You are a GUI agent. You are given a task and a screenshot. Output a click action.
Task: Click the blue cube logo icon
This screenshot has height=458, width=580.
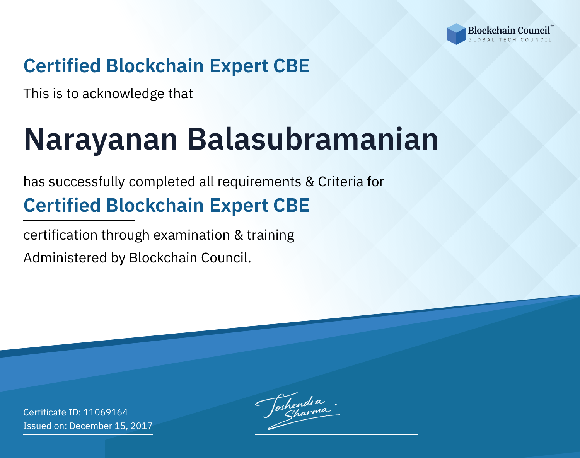tap(456, 34)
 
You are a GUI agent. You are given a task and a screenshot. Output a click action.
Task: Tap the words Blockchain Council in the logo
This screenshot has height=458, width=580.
tap(509, 31)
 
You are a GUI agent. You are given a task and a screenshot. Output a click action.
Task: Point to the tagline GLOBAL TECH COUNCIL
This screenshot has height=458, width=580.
tap(510, 40)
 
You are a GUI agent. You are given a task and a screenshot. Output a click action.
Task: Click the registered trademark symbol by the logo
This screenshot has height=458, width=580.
tap(552, 26)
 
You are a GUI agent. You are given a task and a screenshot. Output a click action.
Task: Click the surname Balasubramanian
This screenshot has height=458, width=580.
tap(313, 139)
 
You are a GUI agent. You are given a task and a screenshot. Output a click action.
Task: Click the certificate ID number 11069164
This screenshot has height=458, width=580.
tap(106, 412)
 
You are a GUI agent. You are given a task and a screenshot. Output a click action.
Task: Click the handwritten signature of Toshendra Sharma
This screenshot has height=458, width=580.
tap(297, 410)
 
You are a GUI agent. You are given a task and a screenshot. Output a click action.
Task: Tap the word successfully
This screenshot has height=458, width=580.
tap(87, 182)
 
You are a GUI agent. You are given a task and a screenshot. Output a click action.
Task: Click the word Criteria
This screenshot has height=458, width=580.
tap(340, 182)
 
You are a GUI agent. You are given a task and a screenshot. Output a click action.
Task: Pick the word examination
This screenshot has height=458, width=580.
tap(191, 235)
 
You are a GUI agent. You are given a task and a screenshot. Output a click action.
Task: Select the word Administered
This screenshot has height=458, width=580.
tap(65, 257)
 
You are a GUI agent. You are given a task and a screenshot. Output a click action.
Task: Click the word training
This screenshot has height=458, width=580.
tap(270, 235)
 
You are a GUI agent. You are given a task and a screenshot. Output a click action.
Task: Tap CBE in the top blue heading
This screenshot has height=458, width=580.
tap(291, 66)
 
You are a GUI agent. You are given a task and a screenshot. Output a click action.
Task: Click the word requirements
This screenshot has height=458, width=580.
tap(259, 182)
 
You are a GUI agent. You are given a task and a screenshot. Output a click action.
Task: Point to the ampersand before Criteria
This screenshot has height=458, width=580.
tap(310, 182)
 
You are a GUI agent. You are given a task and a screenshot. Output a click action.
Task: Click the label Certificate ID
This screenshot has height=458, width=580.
tap(52, 412)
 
